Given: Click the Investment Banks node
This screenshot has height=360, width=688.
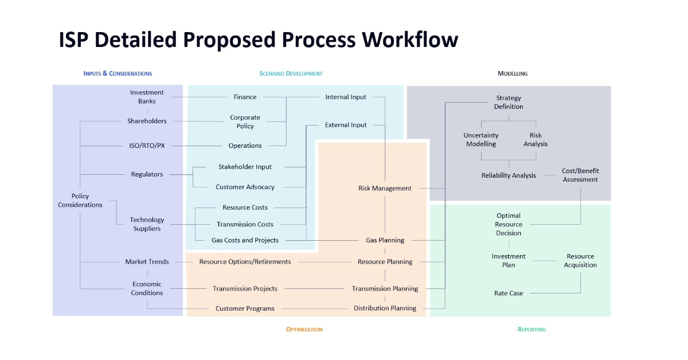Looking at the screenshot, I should (x=147, y=97).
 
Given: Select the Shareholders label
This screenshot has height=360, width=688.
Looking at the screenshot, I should (x=147, y=121).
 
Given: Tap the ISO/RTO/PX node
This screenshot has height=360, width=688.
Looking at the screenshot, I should (x=147, y=146).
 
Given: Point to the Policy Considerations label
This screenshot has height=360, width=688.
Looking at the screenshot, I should (x=80, y=201).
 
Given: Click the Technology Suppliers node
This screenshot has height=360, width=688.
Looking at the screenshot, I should (x=147, y=224).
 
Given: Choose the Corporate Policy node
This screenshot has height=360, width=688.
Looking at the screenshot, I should (x=245, y=122).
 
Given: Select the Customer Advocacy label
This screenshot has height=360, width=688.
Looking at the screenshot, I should (x=245, y=187).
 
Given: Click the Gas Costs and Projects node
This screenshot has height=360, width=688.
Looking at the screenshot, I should (x=245, y=240).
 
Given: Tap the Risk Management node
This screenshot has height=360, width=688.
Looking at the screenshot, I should (x=385, y=188).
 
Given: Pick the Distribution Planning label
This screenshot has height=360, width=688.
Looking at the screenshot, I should (x=385, y=308).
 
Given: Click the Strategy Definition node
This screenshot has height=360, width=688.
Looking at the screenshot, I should (x=509, y=102).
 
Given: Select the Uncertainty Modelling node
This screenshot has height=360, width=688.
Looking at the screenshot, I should (x=481, y=140).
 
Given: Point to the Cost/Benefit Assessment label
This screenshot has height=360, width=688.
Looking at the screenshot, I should (x=580, y=175).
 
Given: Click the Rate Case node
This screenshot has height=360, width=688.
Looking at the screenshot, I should (x=509, y=294).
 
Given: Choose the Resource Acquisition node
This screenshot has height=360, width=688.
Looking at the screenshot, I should (x=580, y=261).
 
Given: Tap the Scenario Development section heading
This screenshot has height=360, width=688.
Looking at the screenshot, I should (x=291, y=73).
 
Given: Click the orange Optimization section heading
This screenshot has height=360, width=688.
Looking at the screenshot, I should (x=304, y=330).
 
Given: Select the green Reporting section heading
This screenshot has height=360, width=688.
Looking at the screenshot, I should (x=531, y=330).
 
